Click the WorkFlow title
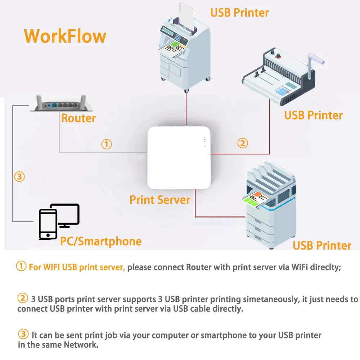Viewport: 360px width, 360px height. (65, 36)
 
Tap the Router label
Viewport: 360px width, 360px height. (78, 118)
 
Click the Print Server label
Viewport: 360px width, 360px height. (160, 200)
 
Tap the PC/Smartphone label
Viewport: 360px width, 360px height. (100, 241)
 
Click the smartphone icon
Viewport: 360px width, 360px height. (48, 224)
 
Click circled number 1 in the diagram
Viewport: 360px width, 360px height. (107, 144)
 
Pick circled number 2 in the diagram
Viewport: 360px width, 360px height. (243, 143)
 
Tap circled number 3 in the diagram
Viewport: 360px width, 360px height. (19, 176)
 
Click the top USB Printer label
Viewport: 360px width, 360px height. (239, 13)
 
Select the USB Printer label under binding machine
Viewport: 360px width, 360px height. (313, 115)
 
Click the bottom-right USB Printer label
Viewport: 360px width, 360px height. (322, 246)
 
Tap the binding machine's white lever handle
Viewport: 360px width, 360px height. (317, 61)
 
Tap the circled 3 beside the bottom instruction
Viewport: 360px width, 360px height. (23, 334)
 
